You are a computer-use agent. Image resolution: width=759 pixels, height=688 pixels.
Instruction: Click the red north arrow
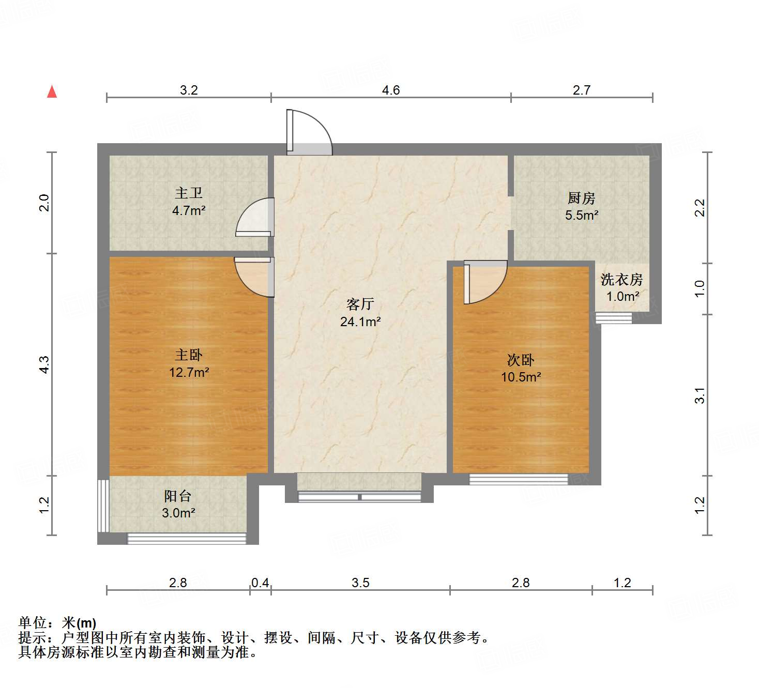(52, 91)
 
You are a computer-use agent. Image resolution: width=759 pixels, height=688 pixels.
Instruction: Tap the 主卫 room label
(189, 193)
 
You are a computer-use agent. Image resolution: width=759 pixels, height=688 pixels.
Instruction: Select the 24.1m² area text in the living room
(360, 322)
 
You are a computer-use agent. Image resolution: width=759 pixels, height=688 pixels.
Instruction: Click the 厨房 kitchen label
(581, 198)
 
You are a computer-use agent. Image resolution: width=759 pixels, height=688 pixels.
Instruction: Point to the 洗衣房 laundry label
(621, 280)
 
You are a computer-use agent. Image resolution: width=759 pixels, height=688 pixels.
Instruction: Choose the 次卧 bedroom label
(520, 360)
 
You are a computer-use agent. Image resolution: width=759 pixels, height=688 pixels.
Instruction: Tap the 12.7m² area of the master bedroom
(189, 372)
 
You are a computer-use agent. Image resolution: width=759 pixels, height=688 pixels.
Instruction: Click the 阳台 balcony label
(178, 496)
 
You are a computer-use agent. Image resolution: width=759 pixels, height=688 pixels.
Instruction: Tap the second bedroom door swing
(484, 283)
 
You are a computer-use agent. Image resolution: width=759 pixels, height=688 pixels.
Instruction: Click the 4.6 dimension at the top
(391, 90)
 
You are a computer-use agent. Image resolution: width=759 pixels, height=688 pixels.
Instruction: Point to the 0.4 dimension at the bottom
(260, 583)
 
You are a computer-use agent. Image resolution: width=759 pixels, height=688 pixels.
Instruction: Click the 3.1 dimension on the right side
(700, 395)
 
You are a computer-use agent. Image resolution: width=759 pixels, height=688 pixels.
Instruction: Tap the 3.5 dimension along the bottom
(360, 583)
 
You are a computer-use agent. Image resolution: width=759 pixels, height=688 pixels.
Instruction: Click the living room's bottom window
(359, 497)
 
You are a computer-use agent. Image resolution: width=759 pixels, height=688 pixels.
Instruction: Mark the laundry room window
(614, 317)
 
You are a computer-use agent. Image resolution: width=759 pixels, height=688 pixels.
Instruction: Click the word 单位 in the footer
(33, 623)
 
